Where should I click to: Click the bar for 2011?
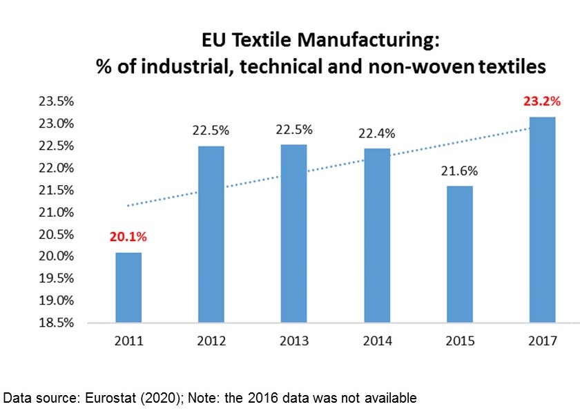[x=128, y=288]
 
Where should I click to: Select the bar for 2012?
[x=211, y=235]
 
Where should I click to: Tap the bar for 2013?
[x=294, y=234]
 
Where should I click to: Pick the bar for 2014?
[x=377, y=236]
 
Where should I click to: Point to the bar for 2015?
[x=460, y=254]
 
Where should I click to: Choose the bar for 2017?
[x=543, y=220]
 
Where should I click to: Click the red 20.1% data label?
[x=128, y=236]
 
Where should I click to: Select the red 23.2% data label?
[x=542, y=101]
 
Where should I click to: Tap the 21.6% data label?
[x=460, y=171]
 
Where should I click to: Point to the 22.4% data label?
[x=377, y=133]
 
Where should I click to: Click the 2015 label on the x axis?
[x=460, y=341]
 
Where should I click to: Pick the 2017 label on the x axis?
[x=543, y=341]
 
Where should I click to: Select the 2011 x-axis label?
[x=128, y=341]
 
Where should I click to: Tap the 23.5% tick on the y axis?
[x=57, y=102]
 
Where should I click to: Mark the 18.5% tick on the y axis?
[x=57, y=323]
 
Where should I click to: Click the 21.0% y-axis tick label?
[x=57, y=212]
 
